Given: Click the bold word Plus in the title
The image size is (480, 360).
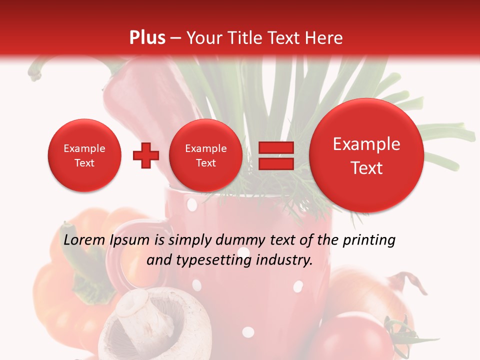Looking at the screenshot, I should pyautogui.click(x=147, y=38).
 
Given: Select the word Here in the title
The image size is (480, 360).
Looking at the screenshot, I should pyautogui.click(x=324, y=38).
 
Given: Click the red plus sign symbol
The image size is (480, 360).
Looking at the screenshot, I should pyautogui.click(x=145, y=155).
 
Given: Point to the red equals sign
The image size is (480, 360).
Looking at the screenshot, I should pyautogui.click(x=276, y=155).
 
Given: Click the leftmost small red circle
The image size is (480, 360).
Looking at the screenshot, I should pyautogui.click(x=84, y=155).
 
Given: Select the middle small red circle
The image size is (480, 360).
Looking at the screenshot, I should pyautogui.click(x=205, y=155).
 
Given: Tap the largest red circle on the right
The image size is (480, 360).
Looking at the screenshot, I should pyautogui.click(x=366, y=155).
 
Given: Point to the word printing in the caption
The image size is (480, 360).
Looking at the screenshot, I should pyautogui.click(x=369, y=241).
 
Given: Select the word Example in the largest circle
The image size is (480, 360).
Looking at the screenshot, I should pyautogui.click(x=366, y=144).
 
